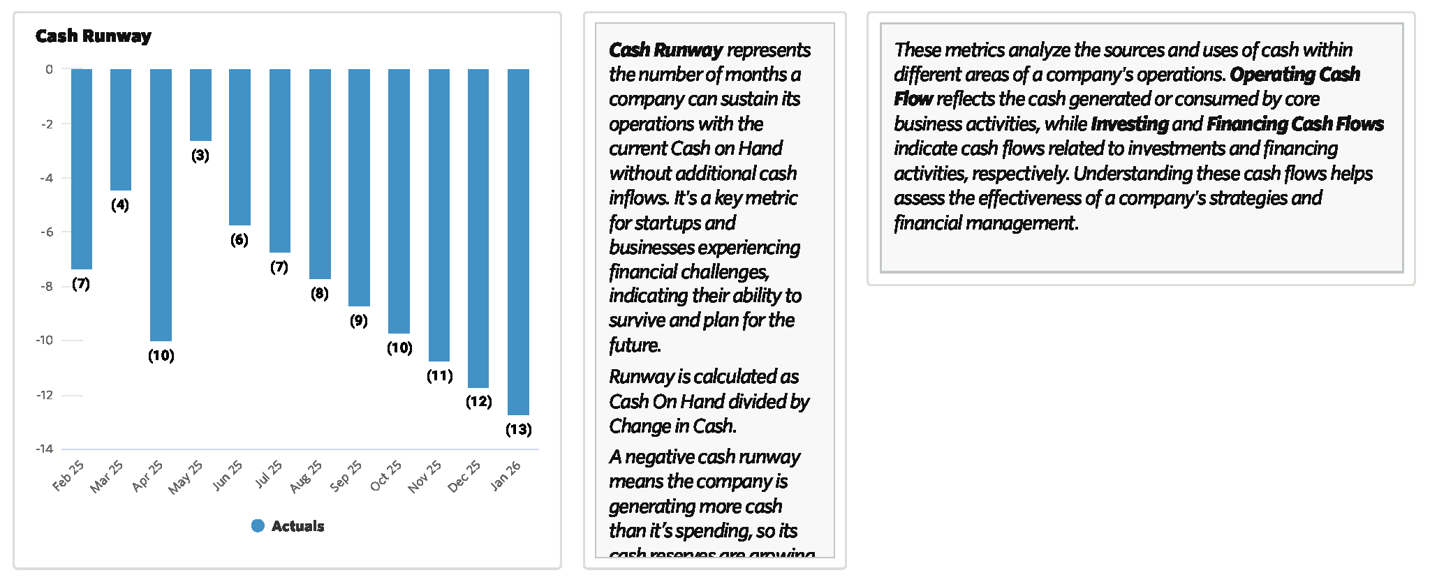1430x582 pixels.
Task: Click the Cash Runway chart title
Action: (x=93, y=36)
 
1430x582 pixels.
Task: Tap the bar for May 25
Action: (x=200, y=105)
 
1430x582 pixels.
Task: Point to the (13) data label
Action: (x=518, y=429)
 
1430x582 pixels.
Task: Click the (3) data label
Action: (x=200, y=155)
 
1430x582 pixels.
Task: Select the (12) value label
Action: (x=479, y=402)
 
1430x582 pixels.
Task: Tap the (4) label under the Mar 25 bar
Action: (x=120, y=205)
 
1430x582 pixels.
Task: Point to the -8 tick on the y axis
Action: (x=46, y=286)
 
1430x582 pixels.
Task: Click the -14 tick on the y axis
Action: (x=45, y=449)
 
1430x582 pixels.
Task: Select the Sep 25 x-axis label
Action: (x=346, y=476)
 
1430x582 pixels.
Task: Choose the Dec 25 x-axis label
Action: (x=464, y=477)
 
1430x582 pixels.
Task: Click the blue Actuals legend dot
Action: (x=258, y=526)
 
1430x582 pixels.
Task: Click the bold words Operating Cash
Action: (x=1295, y=74)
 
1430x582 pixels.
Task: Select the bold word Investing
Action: (x=1130, y=124)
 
